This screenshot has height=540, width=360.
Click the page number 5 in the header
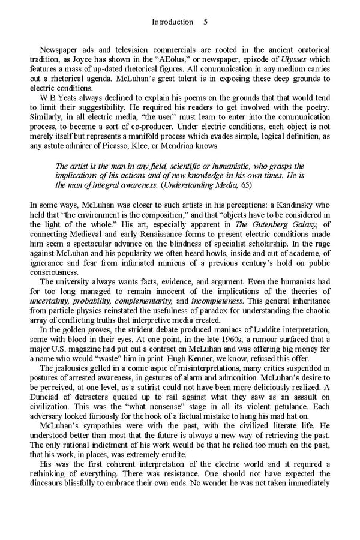tap(205, 22)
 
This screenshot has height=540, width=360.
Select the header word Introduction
tap(172, 22)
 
